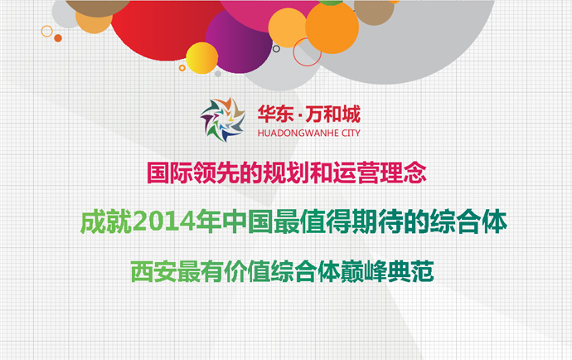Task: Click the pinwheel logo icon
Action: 222,119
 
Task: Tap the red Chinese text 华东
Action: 275,114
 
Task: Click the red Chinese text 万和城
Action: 332,114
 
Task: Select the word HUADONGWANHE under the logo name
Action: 298,134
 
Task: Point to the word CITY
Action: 351,134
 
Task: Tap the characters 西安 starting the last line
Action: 153,271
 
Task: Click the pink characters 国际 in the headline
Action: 170,173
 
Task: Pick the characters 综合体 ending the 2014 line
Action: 468,222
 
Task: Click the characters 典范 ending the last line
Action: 410,271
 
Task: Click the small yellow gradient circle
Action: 202,58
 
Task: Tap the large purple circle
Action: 239,41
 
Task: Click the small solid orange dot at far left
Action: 58,38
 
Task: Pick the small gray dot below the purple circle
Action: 218,74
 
